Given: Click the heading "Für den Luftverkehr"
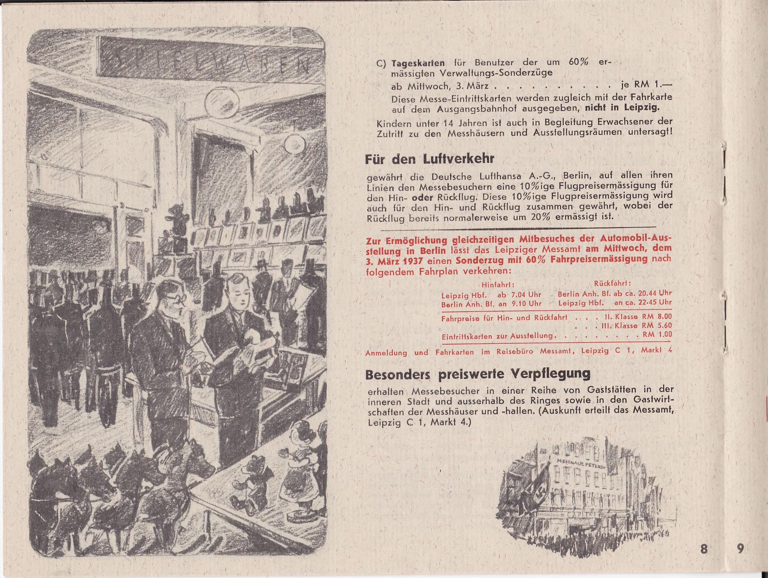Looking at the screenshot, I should click(x=430, y=159).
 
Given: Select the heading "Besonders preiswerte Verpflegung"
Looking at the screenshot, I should click(x=477, y=374).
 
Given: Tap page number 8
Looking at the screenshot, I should click(x=704, y=549).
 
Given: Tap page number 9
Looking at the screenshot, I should click(x=741, y=549).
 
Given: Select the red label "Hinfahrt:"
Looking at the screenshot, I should click(x=498, y=284).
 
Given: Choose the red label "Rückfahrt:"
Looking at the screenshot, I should click(x=612, y=283).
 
